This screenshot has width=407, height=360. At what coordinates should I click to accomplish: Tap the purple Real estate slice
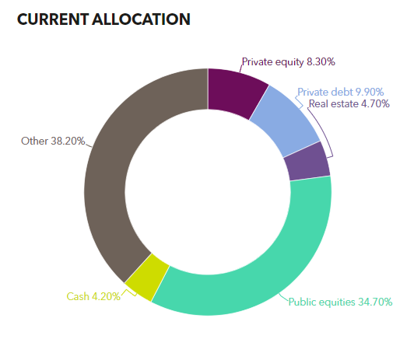pos(307,163)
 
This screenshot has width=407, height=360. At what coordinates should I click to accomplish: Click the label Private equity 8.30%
pos(288,61)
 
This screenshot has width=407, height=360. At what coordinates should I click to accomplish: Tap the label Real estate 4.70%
pos(349,104)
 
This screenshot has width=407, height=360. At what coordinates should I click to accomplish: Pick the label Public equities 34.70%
pos(340,302)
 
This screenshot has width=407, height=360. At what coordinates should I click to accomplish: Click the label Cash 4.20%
pos(93,296)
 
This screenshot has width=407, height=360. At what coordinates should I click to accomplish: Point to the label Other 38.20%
pos(53,142)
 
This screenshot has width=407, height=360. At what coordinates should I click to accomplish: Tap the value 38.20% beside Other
pos(68,142)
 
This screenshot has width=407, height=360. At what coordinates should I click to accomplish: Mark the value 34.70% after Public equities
pos(374,302)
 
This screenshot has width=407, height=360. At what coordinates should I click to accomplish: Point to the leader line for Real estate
pos(329,144)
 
